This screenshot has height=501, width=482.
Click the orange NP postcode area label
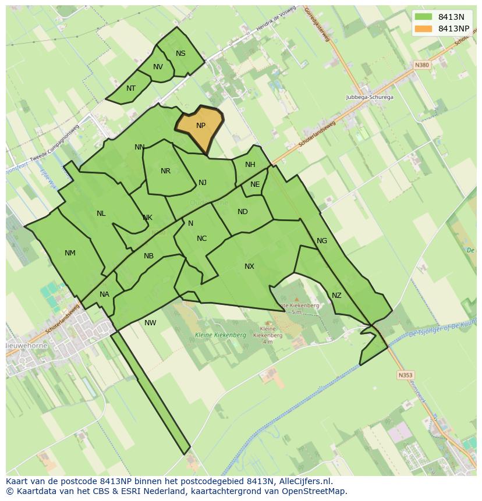coord(201,126)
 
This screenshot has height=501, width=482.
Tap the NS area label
coord(180,54)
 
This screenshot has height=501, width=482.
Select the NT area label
coord(131,88)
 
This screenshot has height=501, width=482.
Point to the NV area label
coord(158,67)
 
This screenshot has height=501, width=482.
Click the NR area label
coord(166,171)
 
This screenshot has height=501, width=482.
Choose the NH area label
coord(250,165)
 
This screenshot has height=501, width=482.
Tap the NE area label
coord(255,184)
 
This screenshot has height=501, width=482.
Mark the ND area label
coord(243,212)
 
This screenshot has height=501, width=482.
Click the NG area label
coord(322,241)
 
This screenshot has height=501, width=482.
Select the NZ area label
coord(336,296)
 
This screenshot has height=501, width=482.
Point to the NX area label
coord(249,267)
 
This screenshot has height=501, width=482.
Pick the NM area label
coord(70,253)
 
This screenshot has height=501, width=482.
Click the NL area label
coord(101,214)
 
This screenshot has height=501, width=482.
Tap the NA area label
coord(104,294)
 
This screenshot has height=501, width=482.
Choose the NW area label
coord(150,323)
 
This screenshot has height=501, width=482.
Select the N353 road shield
coord(405,375)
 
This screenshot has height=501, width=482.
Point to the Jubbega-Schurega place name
coord(370,97)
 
